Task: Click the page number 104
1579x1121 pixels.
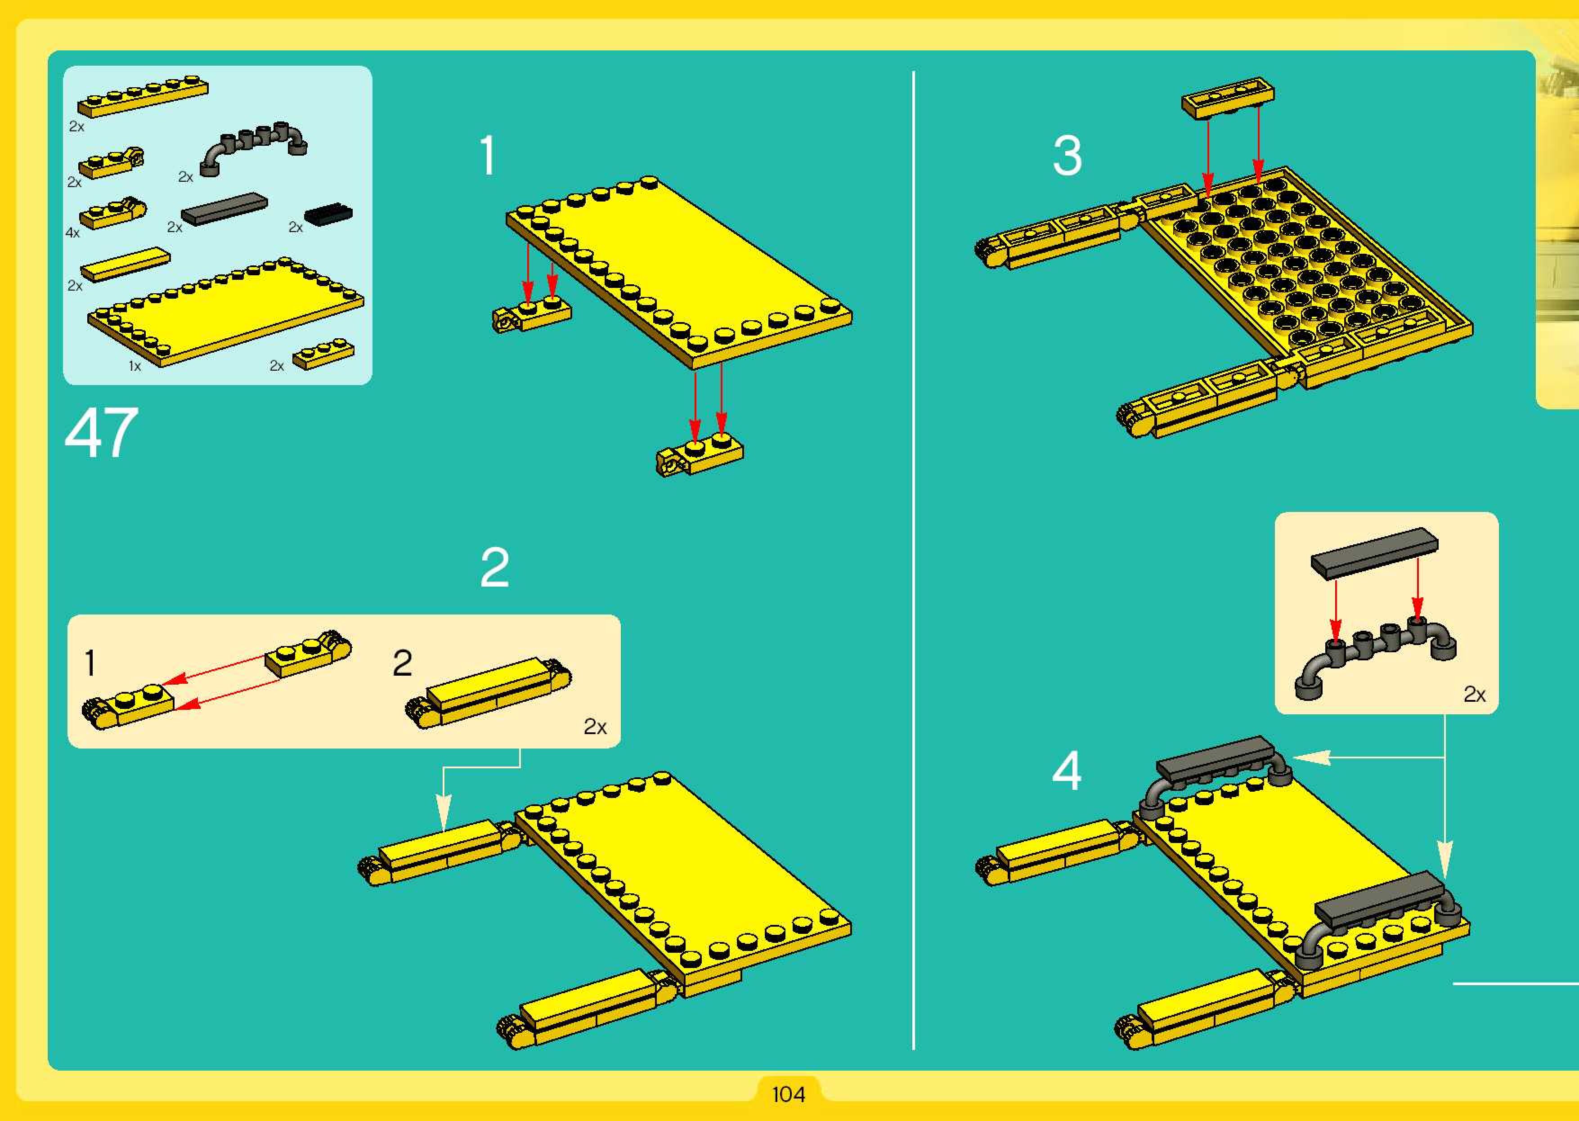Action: (788, 1094)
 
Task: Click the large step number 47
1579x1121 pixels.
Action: (102, 433)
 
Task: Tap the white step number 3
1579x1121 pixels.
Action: (1067, 155)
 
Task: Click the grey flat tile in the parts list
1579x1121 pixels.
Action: (224, 208)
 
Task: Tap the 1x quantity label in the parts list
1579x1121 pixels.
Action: (135, 366)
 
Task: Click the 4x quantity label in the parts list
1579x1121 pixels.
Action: (72, 233)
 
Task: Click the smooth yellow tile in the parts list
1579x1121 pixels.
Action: (125, 265)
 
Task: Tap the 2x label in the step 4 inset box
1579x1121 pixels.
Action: (1474, 695)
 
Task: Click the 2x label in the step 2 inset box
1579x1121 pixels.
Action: (595, 727)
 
